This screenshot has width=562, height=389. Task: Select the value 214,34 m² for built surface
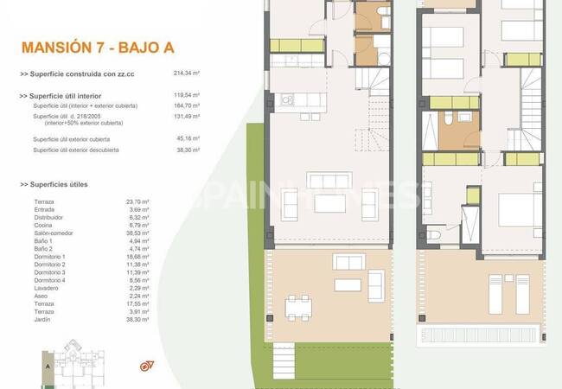[x=187, y=74]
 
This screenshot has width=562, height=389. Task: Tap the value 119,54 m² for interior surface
[x=187, y=95]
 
